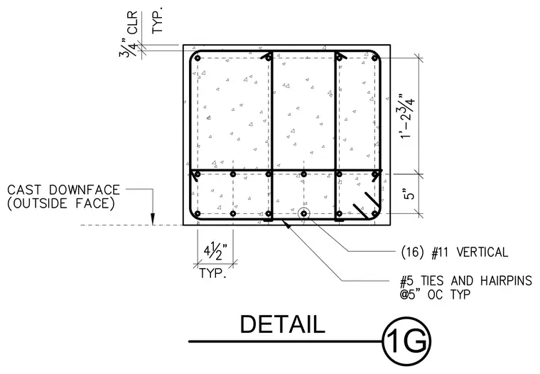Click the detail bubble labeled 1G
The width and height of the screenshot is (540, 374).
406,341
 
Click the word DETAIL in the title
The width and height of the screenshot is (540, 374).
282,324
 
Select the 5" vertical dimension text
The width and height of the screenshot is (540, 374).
409,193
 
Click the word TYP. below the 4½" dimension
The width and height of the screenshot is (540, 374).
213,273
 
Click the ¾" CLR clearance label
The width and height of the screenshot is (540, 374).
129,34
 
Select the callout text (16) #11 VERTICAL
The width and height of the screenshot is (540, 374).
455,252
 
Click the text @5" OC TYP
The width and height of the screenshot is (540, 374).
435,294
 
